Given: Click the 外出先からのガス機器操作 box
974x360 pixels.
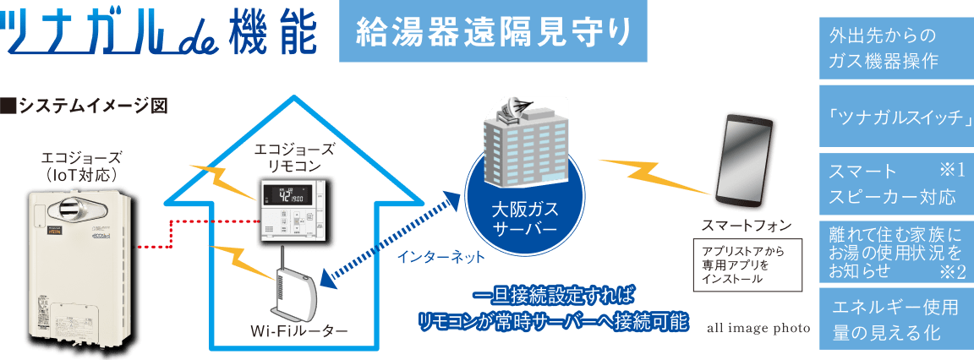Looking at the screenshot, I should [x=895, y=49].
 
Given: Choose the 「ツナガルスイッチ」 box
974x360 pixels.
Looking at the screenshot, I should [x=895, y=117].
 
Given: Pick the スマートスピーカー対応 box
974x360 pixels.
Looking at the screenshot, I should [x=895, y=184].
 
